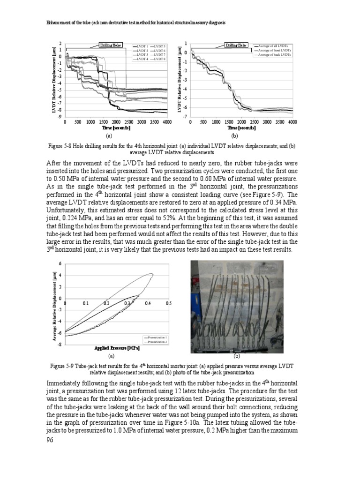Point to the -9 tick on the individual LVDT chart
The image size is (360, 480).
[x=60, y=116]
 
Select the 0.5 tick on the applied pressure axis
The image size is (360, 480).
[x=169, y=304]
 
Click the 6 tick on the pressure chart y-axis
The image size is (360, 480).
[x=60, y=263]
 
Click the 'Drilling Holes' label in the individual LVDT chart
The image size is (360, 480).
[x=111, y=45]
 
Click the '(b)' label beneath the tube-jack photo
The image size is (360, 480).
[x=237, y=356]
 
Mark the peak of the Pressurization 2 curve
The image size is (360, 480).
[x=151, y=274]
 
